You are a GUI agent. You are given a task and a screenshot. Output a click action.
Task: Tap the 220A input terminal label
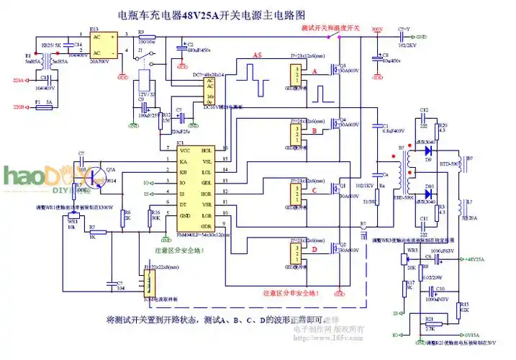[18, 81]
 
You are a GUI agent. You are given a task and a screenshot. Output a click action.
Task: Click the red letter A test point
[314, 71]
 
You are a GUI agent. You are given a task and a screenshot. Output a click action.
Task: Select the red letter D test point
[314, 250]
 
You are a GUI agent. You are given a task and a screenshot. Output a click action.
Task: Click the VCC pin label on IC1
[184, 151]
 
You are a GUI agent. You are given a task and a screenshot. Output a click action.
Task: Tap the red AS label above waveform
[257, 55]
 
